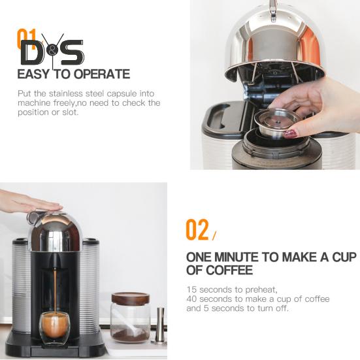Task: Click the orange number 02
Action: click(x=197, y=229)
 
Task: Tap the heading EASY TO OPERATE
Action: click(x=73, y=74)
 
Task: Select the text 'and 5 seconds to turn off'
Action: click(x=237, y=308)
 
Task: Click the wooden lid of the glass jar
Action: click(x=131, y=297)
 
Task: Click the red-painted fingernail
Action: click(x=290, y=133)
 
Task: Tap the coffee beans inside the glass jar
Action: click(x=130, y=333)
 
